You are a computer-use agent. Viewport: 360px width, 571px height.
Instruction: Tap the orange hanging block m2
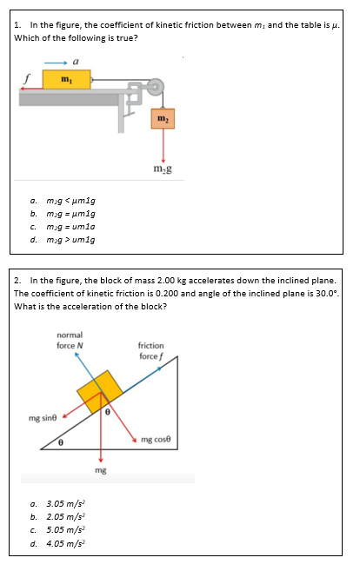pyautogui.click(x=162, y=118)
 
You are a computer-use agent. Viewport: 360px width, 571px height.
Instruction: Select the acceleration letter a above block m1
pyautogui.click(x=77, y=62)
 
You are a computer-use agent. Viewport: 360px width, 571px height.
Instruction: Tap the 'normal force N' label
pyautogui.click(x=70, y=339)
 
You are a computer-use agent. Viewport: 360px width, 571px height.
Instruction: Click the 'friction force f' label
pyautogui.click(x=150, y=351)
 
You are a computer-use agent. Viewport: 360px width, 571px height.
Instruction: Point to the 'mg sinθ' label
pyautogui.click(x=43, y=418)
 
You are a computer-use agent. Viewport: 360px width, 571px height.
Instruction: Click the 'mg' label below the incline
pyautogui.click(x=101, y=469)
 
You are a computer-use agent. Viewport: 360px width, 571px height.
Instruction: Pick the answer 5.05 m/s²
pyautogui.click(x=65, y=528)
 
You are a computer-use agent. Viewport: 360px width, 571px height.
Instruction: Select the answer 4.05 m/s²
pyautogui.click(x=65, y=541)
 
